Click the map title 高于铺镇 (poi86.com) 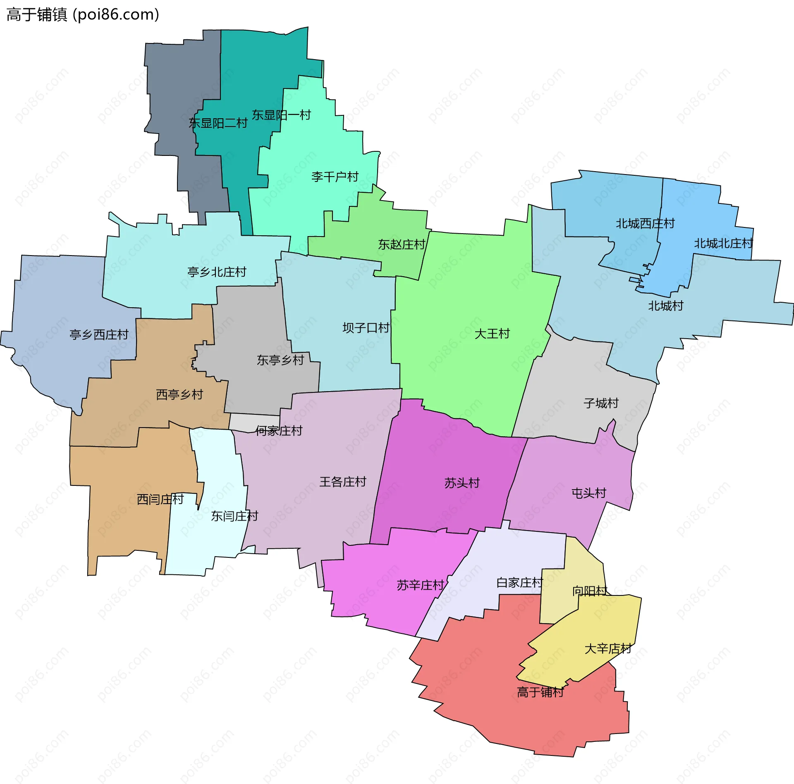coord(83,15)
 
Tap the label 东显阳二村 coord(218,123)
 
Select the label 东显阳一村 coord(281,115)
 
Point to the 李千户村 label coord(335,177)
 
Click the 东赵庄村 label coord(402,244)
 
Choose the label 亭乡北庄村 coord(217,272)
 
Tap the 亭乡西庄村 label coord(99,335)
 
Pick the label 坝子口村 coord(366,328)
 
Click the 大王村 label coord(492,334)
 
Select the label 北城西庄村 coord(645,224)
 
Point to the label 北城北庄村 coord(723,244)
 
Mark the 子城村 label coord(601,403)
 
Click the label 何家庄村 coord(279,431)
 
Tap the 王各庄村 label coord(343,482)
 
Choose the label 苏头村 coord(462,483)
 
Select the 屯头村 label coord(589,493)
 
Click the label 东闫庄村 coord(234,516)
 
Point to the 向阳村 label coord(590,591)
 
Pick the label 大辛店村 coord(608,649)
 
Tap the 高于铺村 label coord(540,692)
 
